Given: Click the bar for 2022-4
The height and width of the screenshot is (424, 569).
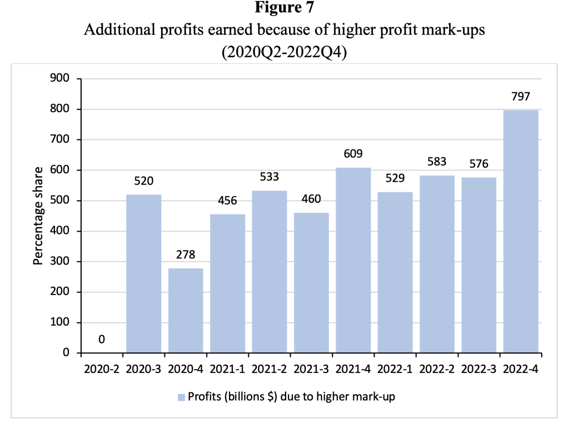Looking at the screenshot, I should [521, 231].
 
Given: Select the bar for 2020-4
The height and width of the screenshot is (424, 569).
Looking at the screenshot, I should [186, 310].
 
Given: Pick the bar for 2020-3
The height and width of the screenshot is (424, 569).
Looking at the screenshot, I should [143, 273].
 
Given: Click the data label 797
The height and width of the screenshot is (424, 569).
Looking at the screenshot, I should [521, 97].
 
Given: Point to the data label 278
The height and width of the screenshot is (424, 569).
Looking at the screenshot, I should [186, 256].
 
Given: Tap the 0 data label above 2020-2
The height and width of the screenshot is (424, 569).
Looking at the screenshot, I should [102, 339].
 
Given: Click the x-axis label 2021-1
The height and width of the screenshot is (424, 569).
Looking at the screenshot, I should [227, 368].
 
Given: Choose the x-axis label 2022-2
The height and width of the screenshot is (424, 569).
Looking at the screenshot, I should [437, 368].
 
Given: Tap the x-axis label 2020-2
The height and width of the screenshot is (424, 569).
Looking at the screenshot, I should [102, 368].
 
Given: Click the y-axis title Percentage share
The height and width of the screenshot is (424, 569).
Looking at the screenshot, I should [38, 216].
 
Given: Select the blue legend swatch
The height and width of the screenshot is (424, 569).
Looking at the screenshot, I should [181, 397].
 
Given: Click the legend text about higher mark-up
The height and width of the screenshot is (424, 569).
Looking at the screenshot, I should [291, 397].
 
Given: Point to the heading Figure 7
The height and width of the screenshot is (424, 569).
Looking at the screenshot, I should [284, 9].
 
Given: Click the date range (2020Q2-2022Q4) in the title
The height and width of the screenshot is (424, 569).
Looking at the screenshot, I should [284, 54].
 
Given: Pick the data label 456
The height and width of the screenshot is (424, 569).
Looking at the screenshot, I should [227, 201].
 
